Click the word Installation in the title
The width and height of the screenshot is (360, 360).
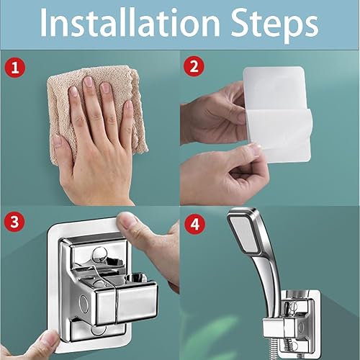(x=130, y=23)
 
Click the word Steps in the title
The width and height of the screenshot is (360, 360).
(x=274, y=25)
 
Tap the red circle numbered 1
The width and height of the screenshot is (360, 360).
(x=14, y=68)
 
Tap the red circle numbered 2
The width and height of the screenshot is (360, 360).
(x=194, y=66)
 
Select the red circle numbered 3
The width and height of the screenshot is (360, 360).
(x=14, y=221)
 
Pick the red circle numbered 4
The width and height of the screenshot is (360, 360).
(x=194, y=225)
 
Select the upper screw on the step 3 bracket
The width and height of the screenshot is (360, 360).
(x=99, y=253)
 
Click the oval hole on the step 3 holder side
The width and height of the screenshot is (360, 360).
(x=84, y=302)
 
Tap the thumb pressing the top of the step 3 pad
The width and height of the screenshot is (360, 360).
(x=131, y=225)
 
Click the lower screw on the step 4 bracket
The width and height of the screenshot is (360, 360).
(x=294, y=346)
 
